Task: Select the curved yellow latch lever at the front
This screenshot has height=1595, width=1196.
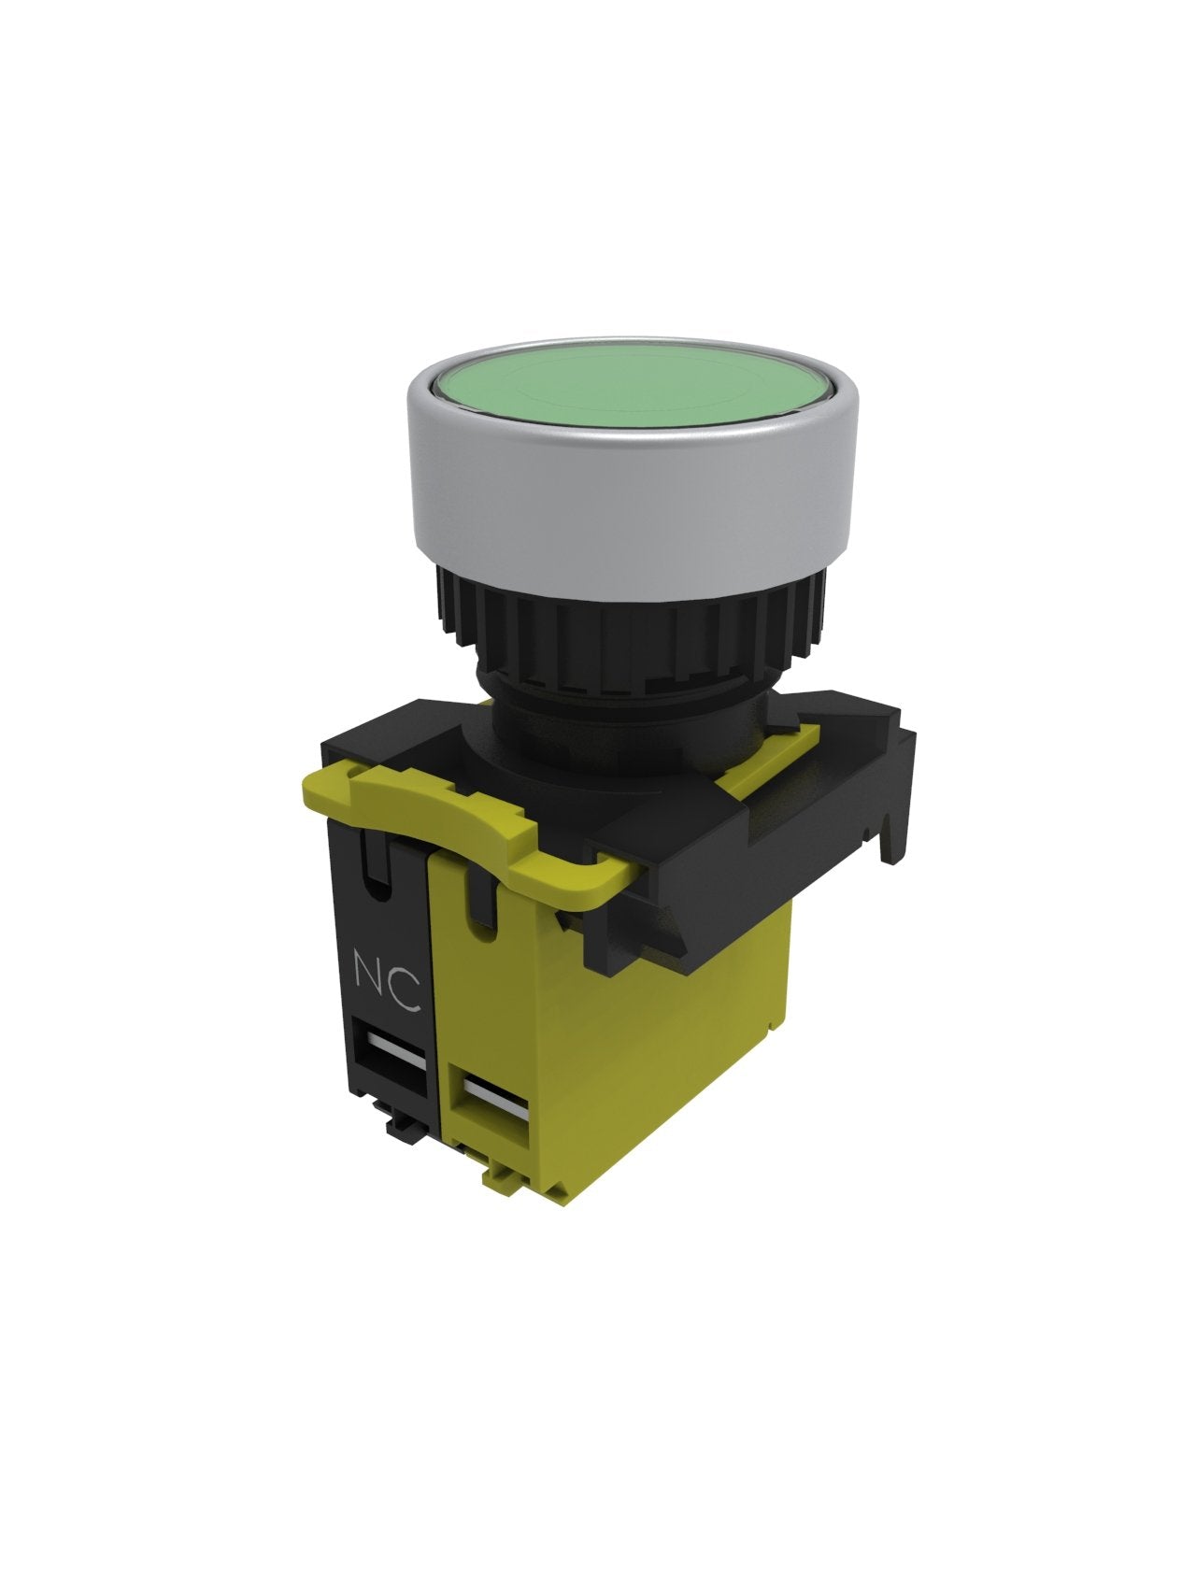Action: [x=458, y=822]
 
